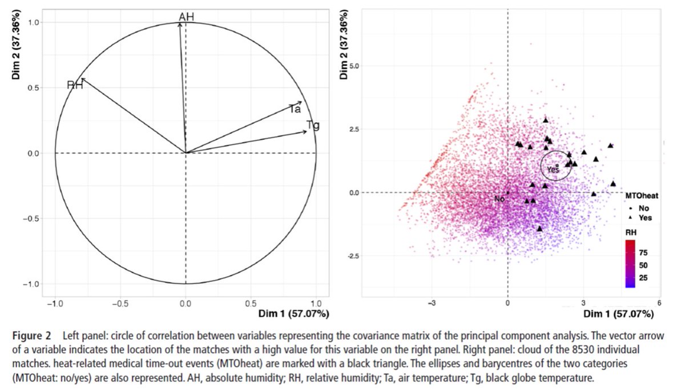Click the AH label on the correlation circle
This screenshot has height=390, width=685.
coord(187,17)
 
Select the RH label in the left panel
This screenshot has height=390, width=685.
coord(75,86)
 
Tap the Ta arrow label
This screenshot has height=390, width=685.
coord(295,109)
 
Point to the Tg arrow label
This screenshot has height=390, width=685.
coord(313,125)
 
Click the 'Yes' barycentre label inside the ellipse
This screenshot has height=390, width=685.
coord(553,170)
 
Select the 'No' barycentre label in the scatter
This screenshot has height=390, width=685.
coord(499,199)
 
